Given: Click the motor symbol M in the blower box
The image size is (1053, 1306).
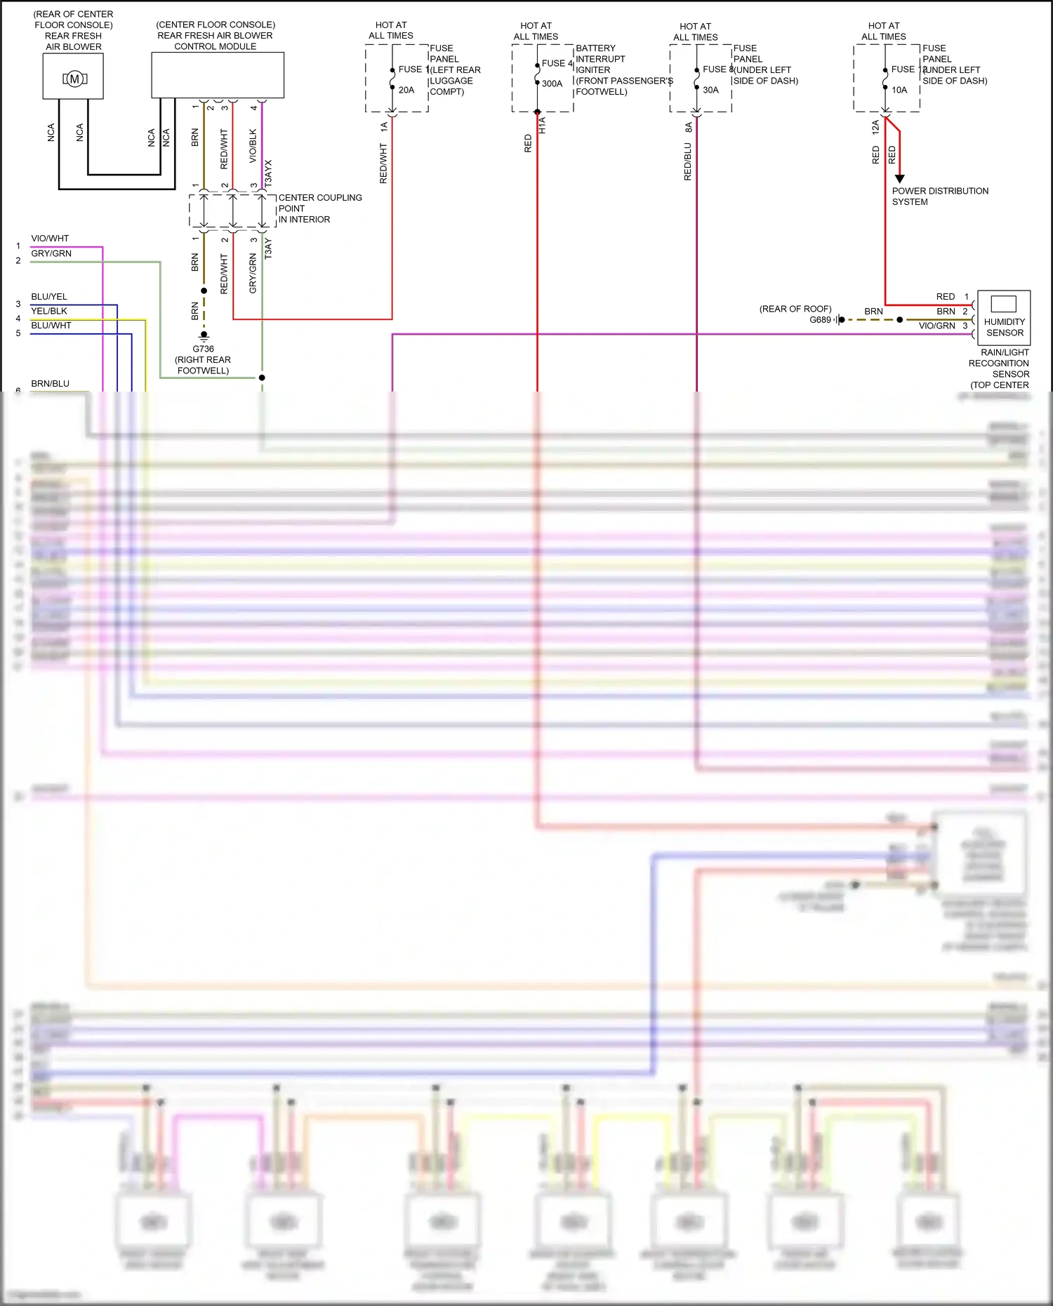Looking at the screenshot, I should point(74,79).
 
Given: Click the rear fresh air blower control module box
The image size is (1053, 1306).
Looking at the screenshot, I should point(218,74).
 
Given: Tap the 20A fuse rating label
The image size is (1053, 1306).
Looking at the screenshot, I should point(406,90).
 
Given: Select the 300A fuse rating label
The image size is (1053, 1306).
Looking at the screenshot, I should point(552,84).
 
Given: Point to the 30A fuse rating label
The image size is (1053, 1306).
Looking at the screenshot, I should point(710,90).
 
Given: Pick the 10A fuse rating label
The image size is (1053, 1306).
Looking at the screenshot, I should point(899,90).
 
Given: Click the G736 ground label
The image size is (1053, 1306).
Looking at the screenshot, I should point(203,349).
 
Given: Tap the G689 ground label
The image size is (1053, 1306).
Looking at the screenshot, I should point(820,320).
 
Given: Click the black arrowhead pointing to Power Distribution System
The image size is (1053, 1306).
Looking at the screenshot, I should point(899,179).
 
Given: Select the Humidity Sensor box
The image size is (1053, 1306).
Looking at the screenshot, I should point(1004,316).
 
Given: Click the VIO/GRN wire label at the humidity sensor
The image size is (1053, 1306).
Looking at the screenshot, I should point(936,326).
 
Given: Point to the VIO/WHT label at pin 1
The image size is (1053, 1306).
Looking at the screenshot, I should point(50,239).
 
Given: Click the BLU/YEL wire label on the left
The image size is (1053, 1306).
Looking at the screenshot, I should point(49,297).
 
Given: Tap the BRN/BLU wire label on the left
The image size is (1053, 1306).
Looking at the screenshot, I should point(50,384).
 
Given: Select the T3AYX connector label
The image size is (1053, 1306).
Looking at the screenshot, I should point(268,173).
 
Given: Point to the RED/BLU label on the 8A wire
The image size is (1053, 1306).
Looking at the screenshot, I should point(688,161).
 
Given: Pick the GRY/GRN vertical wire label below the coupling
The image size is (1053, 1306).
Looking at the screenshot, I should point(253,274).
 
